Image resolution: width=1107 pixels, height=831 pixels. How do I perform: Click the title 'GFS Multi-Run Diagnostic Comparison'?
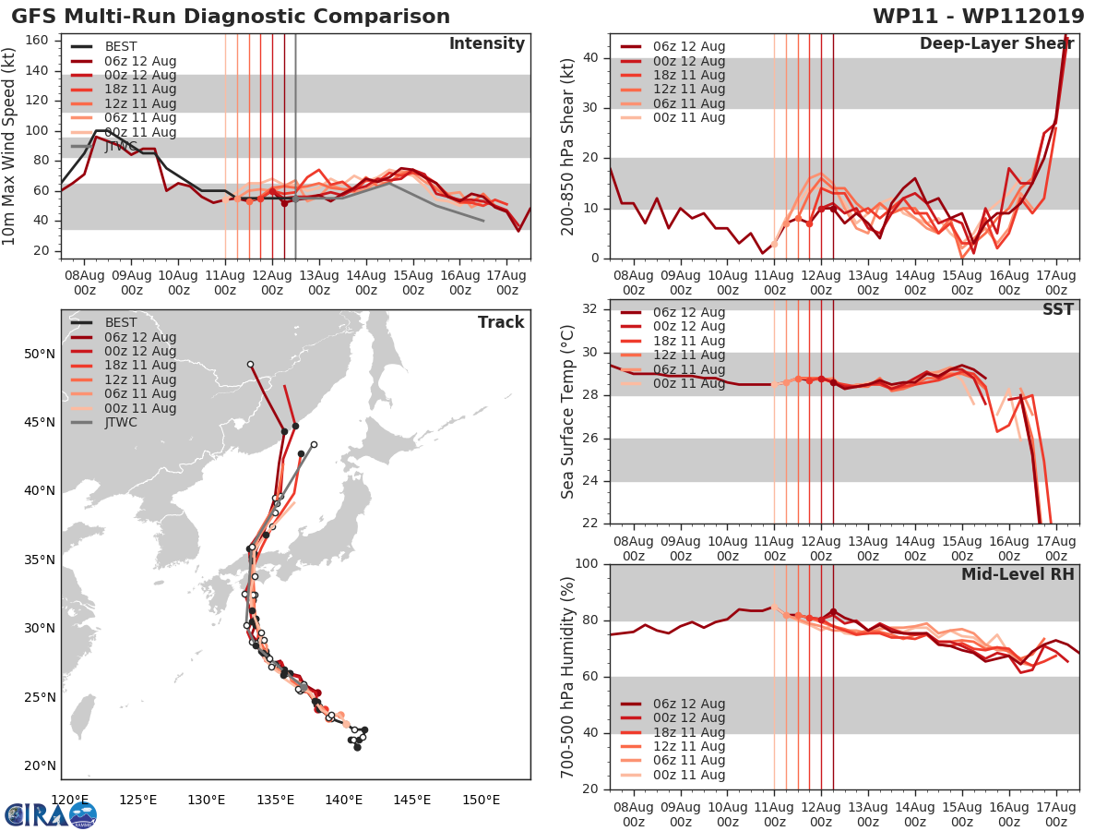(231, 17)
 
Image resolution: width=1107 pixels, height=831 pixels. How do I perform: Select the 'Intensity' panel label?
(486, 44)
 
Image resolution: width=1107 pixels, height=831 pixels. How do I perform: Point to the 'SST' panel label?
(1057, 309)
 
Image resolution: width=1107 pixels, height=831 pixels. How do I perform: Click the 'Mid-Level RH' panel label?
(1018, 574)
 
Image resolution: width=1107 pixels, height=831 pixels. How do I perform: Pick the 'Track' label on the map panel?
(501, 322)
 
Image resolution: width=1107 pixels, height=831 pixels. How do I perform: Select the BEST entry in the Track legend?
(121, 323)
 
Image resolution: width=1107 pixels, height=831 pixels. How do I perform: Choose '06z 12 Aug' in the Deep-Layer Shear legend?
(688, 47)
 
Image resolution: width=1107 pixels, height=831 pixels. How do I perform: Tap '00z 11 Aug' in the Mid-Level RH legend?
(688, 775)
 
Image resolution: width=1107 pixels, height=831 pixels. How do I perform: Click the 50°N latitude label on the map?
(39, 355)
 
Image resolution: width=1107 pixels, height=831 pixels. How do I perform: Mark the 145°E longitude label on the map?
(411, 799)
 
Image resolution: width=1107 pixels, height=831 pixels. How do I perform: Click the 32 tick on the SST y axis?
(590, 308)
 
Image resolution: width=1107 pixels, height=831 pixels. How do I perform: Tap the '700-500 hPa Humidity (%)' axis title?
(568, 676)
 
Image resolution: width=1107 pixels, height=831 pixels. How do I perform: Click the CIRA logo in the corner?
(51, 814)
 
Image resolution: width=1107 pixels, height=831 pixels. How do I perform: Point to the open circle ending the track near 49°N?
(250, 365)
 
